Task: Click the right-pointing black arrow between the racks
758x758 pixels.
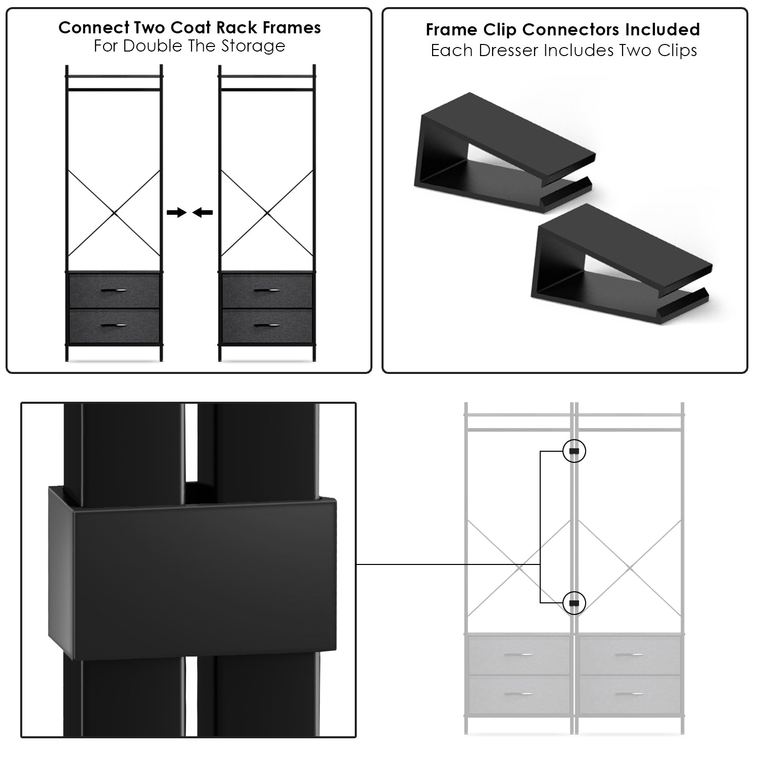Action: (x=176, y=213)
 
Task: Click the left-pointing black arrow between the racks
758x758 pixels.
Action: (x=203, y=213)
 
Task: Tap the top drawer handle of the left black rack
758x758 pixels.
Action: (x=114, y=290)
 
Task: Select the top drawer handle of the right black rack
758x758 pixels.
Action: (x=266, y=290)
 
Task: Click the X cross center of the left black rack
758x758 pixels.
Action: (x=114, y=213)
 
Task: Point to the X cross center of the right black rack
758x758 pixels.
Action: (x=267, y=213)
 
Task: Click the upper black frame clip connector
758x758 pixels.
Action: (x=503, y=147)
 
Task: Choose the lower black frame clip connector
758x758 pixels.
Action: (x=622, y=263)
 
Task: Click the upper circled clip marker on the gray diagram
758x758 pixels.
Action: (x=574, y=451)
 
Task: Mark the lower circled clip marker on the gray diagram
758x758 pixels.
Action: (x=574, y=603)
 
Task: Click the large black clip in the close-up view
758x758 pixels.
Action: (x=192, y=571)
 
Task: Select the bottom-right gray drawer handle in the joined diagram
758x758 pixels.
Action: (x=629, y=694)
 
